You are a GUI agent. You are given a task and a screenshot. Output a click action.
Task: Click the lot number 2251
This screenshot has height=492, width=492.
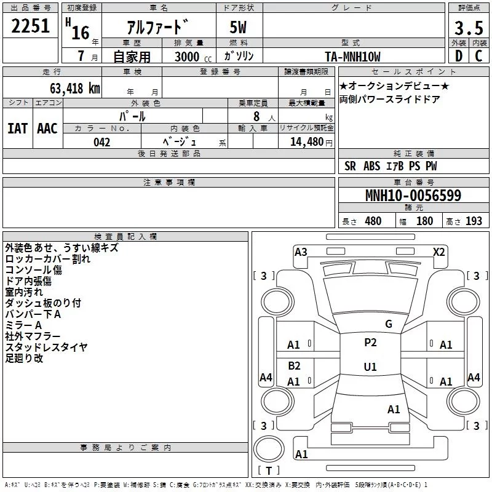pyautogui.click(x=30, y=26)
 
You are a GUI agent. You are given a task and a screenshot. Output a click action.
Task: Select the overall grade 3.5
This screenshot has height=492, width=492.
pyautogui.click(x=469, y=28)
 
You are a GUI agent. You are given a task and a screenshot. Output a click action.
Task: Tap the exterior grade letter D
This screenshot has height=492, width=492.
pyautogui.click(x=459, y=56)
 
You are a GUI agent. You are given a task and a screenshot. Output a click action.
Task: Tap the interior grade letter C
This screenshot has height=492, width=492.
pyautogui.click(x=478, y=56)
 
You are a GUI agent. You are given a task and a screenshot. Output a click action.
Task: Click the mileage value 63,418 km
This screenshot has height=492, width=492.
pyautogui.click(x=75, y=89)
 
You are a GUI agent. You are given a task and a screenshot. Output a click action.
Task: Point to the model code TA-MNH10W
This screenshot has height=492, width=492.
pyautogui.click(x=352, y=57)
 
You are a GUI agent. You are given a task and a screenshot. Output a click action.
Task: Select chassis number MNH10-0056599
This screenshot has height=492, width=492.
pyautogui.click(x=413, y=196)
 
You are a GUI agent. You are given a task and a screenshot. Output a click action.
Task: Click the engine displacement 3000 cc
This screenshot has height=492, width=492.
pyautogui.click(x=193, y=57)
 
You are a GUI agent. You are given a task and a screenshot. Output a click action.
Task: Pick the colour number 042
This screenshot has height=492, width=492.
pyautogui.click(x=102, y=142)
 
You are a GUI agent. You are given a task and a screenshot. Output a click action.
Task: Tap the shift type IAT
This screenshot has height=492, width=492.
pyautogui.click(x=17, y=129)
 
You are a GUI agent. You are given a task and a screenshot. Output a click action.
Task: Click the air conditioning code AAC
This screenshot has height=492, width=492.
pyautogui.click(x=47, y=129)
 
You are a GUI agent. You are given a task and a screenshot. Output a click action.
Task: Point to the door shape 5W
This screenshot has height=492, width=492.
pyautogui.click(x=238, y=27)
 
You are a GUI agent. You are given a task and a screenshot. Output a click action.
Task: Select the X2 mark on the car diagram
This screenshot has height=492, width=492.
pyautogui.click(x=439, y=252)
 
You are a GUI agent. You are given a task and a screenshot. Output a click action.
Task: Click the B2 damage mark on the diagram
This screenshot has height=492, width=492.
pyautogui.click(x=294, y=365)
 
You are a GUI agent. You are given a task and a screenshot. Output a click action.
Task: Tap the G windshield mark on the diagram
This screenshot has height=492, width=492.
pyautogui.click(x=389, y=324)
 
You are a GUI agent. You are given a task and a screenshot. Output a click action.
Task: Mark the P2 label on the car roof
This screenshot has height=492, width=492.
pyautogui.click(x=370, y=343)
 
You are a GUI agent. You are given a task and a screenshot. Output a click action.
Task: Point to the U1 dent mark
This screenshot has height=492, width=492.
pyautogui.click(x=370, y=367)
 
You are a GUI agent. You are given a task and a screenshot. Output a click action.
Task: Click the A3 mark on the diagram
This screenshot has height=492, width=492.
pyautogui.click(x=301, y=252)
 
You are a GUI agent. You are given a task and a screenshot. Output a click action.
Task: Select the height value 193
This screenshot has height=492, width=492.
pyautogui.click(x=474, y=221)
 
